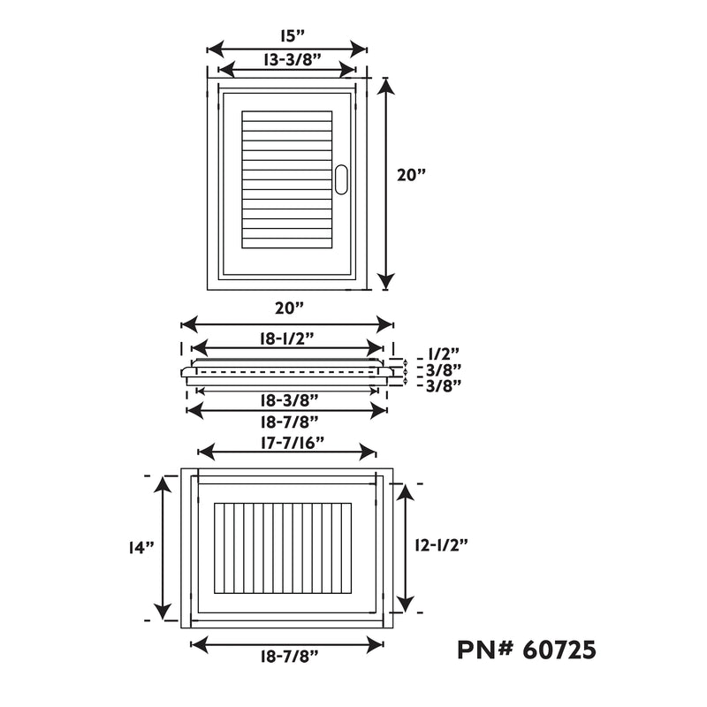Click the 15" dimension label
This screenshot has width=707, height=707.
click(293, 35)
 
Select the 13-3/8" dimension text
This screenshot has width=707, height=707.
click(293, 59)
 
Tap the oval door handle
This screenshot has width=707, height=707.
click(341, 179)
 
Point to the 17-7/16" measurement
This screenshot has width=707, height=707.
click(293, 443)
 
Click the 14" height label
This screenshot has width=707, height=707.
click(141, 547)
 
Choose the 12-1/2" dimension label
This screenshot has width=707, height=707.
click(441, 545)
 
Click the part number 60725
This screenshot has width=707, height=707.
click(559, 650)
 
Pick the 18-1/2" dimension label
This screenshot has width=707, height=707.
click(286, 338)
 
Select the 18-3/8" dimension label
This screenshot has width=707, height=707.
click(290, 399)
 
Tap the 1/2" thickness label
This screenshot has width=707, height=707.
click(444, 353)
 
